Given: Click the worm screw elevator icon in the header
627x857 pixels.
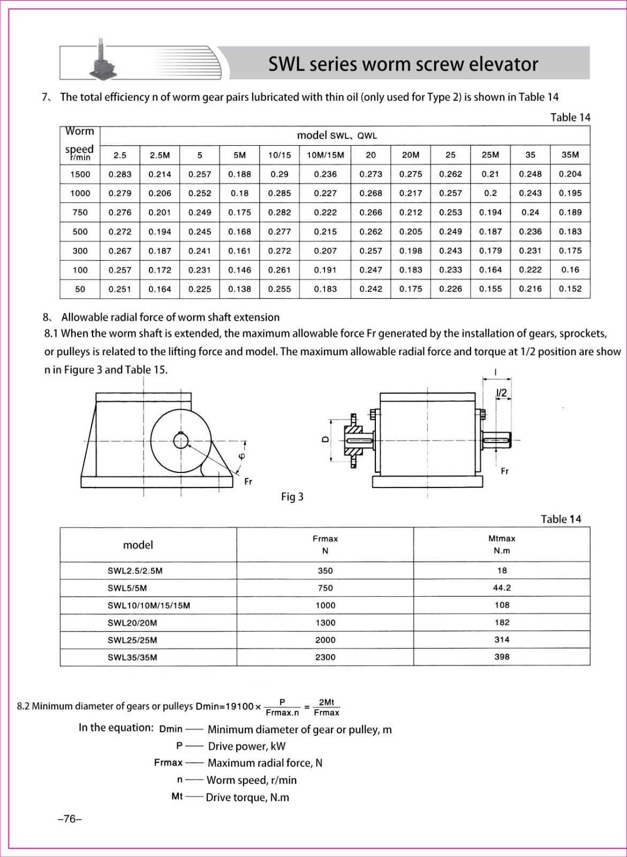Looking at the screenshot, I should [x=101, y=62].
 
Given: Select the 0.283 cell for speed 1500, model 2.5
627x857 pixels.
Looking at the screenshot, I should [x=120, y=174].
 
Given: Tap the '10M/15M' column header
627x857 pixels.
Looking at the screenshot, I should [x=326, y=155].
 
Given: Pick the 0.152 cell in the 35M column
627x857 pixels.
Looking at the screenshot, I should [x=570, y=289].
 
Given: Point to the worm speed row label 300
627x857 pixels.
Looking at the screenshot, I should [x=80, y=251].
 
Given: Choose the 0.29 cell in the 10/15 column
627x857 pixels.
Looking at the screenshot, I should [x=279, y=174].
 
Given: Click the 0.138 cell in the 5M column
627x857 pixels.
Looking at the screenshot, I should [x=239, y=289].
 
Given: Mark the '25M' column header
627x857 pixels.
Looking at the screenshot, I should [x=490, y=155].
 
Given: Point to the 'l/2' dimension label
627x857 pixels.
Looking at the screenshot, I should [x=501, y=393].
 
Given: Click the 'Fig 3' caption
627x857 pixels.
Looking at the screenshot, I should [x=292, y=497].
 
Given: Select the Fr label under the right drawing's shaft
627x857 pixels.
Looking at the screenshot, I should [x=504, y=471].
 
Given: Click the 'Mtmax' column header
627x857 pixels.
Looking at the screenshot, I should [x=502, y=538].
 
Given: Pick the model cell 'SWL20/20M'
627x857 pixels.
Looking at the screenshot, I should [x=132, y=622].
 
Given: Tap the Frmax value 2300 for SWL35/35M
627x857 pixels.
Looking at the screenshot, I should [x=325, y=657].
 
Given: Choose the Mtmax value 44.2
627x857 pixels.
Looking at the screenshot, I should [x=502, y=588].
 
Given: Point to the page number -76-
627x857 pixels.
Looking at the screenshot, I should [x=69, y=819].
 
